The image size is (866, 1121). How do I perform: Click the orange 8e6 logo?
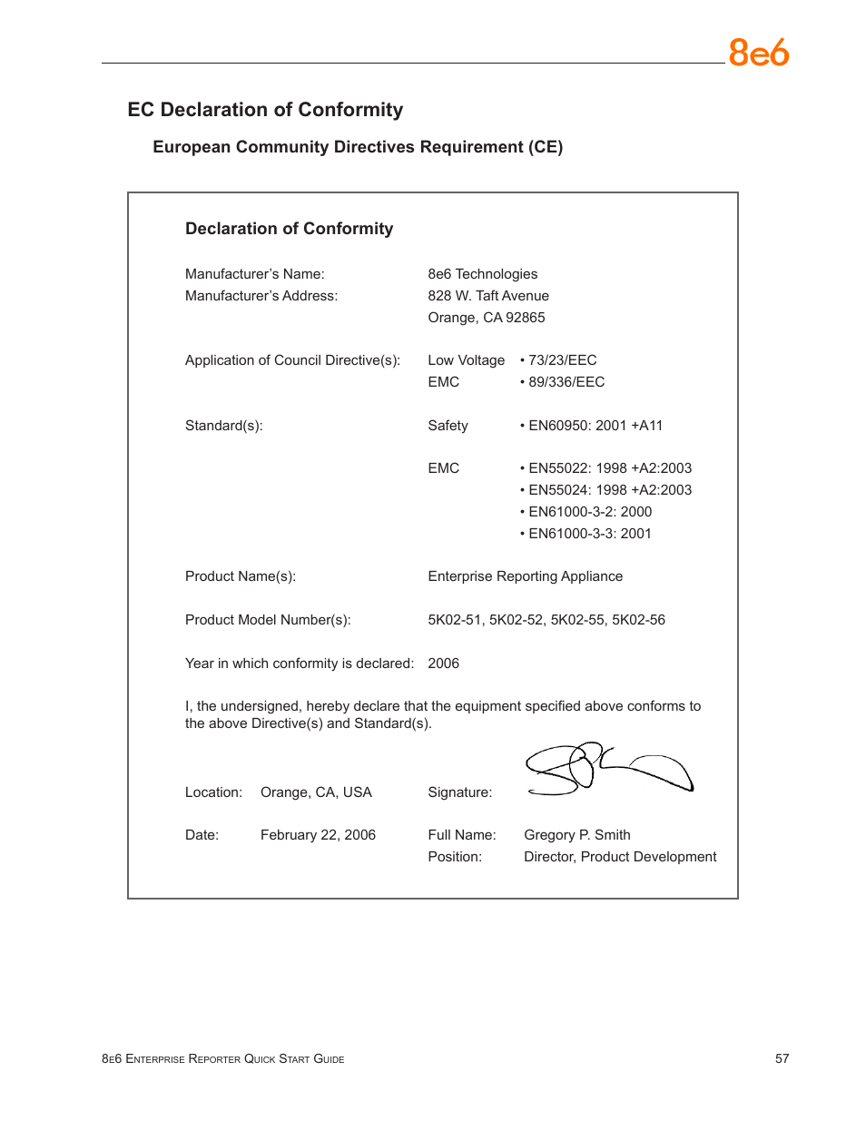click(758, 53)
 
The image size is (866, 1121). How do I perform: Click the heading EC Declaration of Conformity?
click(265, 110)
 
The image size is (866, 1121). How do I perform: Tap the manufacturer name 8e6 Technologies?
click(482, 274)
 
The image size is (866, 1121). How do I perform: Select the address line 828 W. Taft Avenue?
click(488, 296)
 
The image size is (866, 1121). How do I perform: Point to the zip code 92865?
click(526, 318)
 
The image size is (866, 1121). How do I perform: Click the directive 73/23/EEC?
click(562, 360)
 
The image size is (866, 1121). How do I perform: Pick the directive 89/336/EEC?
click(566, 382)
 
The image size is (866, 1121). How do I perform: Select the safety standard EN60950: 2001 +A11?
click(595, 426)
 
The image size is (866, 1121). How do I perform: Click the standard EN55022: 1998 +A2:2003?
click(609, 468)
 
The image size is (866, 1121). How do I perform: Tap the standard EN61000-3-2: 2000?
click(589, 512)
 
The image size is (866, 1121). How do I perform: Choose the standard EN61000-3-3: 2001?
click(589, 534)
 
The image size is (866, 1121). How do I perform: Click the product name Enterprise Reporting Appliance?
click(525, 576)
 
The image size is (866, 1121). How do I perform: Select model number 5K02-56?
click(638, 620)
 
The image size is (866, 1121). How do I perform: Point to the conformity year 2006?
click(443, 664)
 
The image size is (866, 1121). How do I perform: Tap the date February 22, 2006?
click(318, 835)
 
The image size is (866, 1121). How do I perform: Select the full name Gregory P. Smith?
click(576, 835)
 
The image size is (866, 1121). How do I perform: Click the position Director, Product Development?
click(620, 857)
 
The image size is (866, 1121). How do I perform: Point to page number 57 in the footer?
click(782, 1058)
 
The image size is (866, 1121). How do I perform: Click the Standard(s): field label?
click(223, 426)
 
